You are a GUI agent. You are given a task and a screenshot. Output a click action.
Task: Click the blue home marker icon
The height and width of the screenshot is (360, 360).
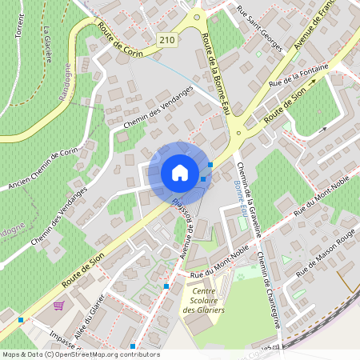point(180,173)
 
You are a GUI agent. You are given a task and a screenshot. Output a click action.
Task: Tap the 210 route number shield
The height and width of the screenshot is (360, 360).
point(166,40)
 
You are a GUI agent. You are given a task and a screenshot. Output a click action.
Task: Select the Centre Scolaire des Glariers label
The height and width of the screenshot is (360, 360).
point(203,301)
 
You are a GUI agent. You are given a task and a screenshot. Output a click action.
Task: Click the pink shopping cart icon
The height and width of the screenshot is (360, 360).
point(58,305)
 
